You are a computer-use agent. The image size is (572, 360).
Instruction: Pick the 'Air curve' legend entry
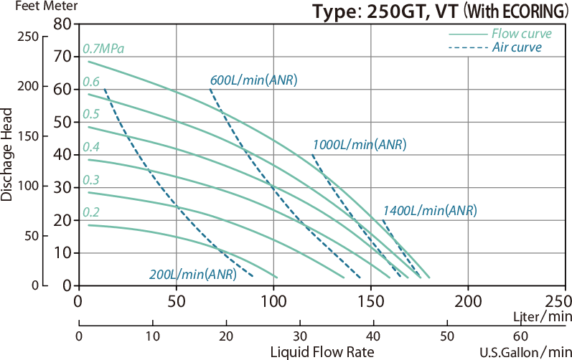click(516, 47)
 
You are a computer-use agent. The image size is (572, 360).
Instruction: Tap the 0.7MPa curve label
click(103, 49)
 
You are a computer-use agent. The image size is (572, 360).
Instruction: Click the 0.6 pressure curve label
click(90, 81)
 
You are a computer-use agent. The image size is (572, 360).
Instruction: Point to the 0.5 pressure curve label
click(90, 114)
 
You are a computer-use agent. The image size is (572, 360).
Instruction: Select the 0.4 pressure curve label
click(90, 147)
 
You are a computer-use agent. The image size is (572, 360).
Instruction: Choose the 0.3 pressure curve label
click(90, 179)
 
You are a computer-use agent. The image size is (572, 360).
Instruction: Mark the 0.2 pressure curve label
click(90, 212)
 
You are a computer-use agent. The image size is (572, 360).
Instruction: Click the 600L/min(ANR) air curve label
click(253, 80)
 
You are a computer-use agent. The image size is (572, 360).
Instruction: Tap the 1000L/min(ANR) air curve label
click(360, 145)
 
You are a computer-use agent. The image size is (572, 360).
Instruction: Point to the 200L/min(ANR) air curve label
click(192, 274)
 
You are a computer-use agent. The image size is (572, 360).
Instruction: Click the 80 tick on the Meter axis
click(62, 23)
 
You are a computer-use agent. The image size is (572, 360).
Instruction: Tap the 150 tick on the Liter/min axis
click(370, 301)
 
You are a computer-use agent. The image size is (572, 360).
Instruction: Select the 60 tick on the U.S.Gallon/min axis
click(522, 336)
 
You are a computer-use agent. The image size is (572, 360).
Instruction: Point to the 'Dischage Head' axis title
click(7, 154)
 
